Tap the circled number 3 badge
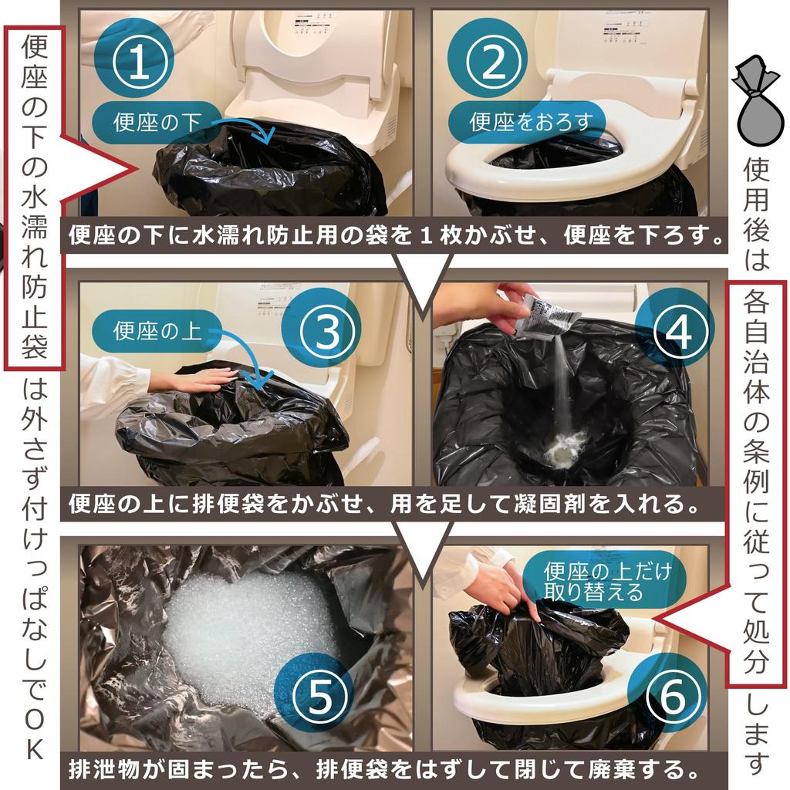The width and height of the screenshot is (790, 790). pyautogui.click(x=329, y=331)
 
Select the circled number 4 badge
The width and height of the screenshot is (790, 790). pyautogui.click(x=680, y=331)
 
